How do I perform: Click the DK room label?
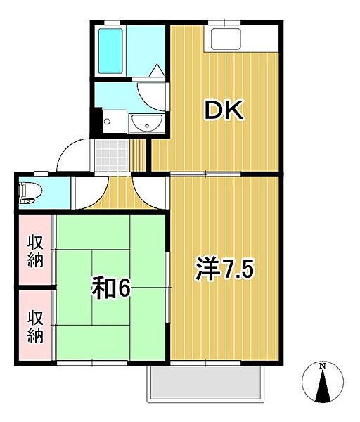tap(224, 110)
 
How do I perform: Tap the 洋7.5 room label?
tap(225, 269)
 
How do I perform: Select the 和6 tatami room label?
tap(111, 288)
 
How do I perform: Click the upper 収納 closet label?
tap(35, 251)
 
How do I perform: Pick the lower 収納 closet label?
tap(35, 326)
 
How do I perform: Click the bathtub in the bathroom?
tap(110, 51)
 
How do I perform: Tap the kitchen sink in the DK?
tap(225, 38)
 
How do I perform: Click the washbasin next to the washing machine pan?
tap(146, 123)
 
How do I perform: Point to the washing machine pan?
tap(115, 121)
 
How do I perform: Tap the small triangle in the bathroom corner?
tap(157, 70)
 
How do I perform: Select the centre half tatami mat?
tap(111, 287)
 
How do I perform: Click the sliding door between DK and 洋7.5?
tap(205, 174)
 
